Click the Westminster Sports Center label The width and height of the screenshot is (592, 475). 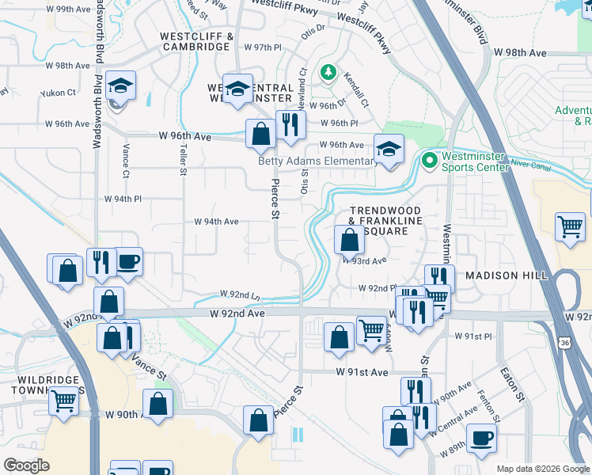(x=473, y=161)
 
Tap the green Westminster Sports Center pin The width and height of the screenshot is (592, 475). (x=430, y=161)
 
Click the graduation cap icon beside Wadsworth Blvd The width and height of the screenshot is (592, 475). (x=120, y=86)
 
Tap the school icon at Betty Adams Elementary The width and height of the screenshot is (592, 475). (x=388, y=150)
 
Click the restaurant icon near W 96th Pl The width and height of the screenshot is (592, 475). (x=290, y=124)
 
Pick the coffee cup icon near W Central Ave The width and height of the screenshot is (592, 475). (x=480, y=438)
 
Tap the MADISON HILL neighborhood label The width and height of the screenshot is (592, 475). (x=507, y=275)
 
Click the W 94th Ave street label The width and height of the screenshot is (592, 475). (x=216, y=222)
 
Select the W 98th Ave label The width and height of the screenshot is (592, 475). (x=521, y=53)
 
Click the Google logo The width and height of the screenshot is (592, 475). (x=26, y=465)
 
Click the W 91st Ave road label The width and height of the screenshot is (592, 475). (x=362, y=371)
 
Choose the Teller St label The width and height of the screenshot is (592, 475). (x=183, y=159)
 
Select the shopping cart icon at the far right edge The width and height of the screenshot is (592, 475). (x=570, y=227)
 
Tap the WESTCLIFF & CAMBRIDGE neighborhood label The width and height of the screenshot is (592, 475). (x=195, y=42)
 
